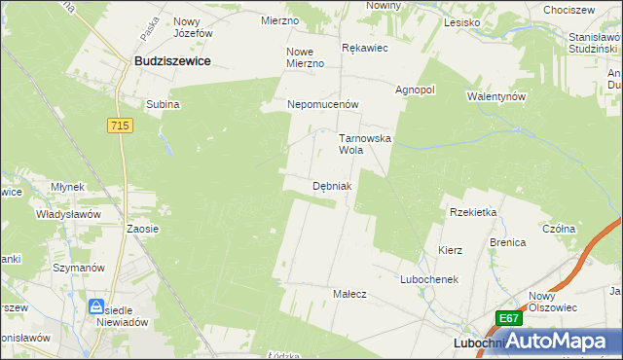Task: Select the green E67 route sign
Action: tap(509, 318)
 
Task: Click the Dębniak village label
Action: tap(332, 185)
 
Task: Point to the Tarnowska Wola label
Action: tap(364, 145)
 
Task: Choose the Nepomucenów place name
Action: tap(323, 104)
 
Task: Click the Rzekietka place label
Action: tap(473, 212)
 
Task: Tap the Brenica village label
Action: tap(507, 242)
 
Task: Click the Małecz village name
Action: tap(349, 293)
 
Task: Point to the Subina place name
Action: tap(163, 104)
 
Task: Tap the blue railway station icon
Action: tap(96, 306)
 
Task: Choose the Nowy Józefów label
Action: tap(193, 26)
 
